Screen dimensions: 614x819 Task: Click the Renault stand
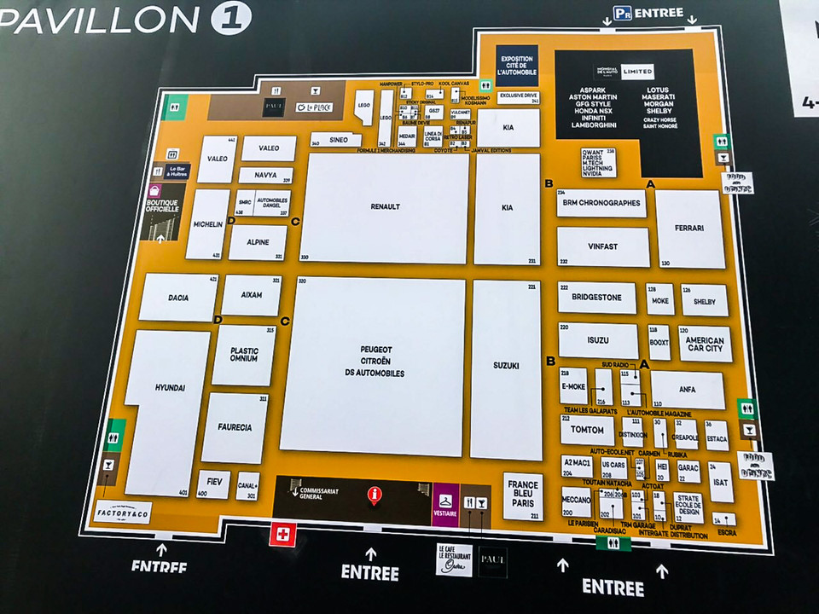[384, 207]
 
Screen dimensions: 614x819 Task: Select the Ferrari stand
[688, 229]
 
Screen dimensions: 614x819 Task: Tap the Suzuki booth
[506, 367]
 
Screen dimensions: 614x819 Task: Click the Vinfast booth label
[602, 246]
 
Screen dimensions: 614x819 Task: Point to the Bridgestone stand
[597, 298]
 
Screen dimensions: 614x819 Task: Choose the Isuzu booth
[598, 340]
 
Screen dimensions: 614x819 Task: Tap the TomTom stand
[587, 429]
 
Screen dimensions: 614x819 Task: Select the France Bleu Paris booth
[523, 495]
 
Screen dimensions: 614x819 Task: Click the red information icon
[373, 495]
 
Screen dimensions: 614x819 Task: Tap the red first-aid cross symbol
[282, 536]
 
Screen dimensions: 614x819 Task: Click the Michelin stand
[207, 223]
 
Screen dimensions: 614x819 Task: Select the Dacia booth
[178, 298]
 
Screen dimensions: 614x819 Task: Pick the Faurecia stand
[234, 428]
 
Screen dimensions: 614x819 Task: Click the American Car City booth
[704, 344]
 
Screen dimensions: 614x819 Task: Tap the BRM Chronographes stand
[601, 203]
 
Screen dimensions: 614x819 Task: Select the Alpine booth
[258, 242]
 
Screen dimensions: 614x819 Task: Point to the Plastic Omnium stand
[244, 355]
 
